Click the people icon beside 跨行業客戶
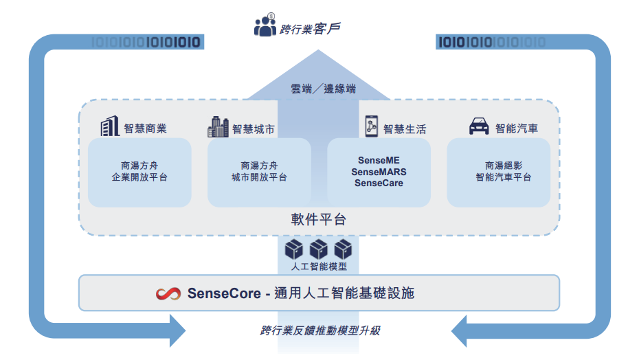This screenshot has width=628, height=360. point(265,25)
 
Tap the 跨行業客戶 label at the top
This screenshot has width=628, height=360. point(310,29)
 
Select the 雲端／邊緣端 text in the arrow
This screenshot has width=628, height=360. point(323,89)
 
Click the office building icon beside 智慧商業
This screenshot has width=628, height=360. point(110,126)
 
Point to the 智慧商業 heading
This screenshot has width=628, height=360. point(146,128)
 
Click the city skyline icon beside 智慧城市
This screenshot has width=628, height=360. point(218,126)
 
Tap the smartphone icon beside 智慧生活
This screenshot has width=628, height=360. point(372,126)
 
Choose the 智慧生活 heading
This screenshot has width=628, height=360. point(405,129)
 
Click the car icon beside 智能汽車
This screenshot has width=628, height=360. point(479,126)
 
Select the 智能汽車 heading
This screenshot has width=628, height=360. point(516,128)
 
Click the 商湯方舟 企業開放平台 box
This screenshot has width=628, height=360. point(139,172)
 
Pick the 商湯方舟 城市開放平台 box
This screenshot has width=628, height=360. point(259,172)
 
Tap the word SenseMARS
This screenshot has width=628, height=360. point(379,172)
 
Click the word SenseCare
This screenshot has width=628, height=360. point(379,183)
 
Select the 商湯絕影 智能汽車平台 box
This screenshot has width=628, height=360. point(499,172)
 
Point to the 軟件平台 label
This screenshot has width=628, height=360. point(318,219)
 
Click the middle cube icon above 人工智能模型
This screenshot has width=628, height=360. point(318,249)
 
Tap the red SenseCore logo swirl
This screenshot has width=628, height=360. point(168,294)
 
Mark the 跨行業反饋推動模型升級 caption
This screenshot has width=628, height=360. point(320,330)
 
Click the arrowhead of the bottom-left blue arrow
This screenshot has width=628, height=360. point(177,330)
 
